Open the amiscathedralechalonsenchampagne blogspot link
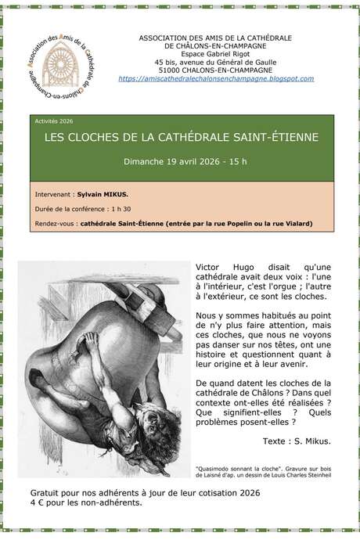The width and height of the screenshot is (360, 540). [x=215, y=79]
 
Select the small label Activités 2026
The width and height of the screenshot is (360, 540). [x=53, y=122]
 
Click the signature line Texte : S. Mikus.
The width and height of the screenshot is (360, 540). [x=297, y=441]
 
